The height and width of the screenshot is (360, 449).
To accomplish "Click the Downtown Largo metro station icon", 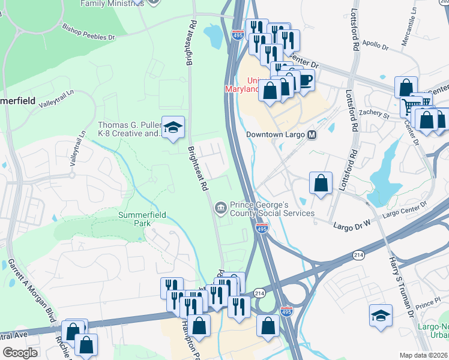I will [312, 135].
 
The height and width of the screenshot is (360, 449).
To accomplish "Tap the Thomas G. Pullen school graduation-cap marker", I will [173, 128].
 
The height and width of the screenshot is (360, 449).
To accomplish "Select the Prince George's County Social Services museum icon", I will [221, 208].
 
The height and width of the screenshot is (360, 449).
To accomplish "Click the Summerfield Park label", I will [125, 218].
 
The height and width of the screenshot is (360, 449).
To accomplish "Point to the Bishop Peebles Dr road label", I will [88, 32].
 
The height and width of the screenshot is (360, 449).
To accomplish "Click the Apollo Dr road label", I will [373, 45].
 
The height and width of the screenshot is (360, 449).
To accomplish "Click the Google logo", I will [20, 352].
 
